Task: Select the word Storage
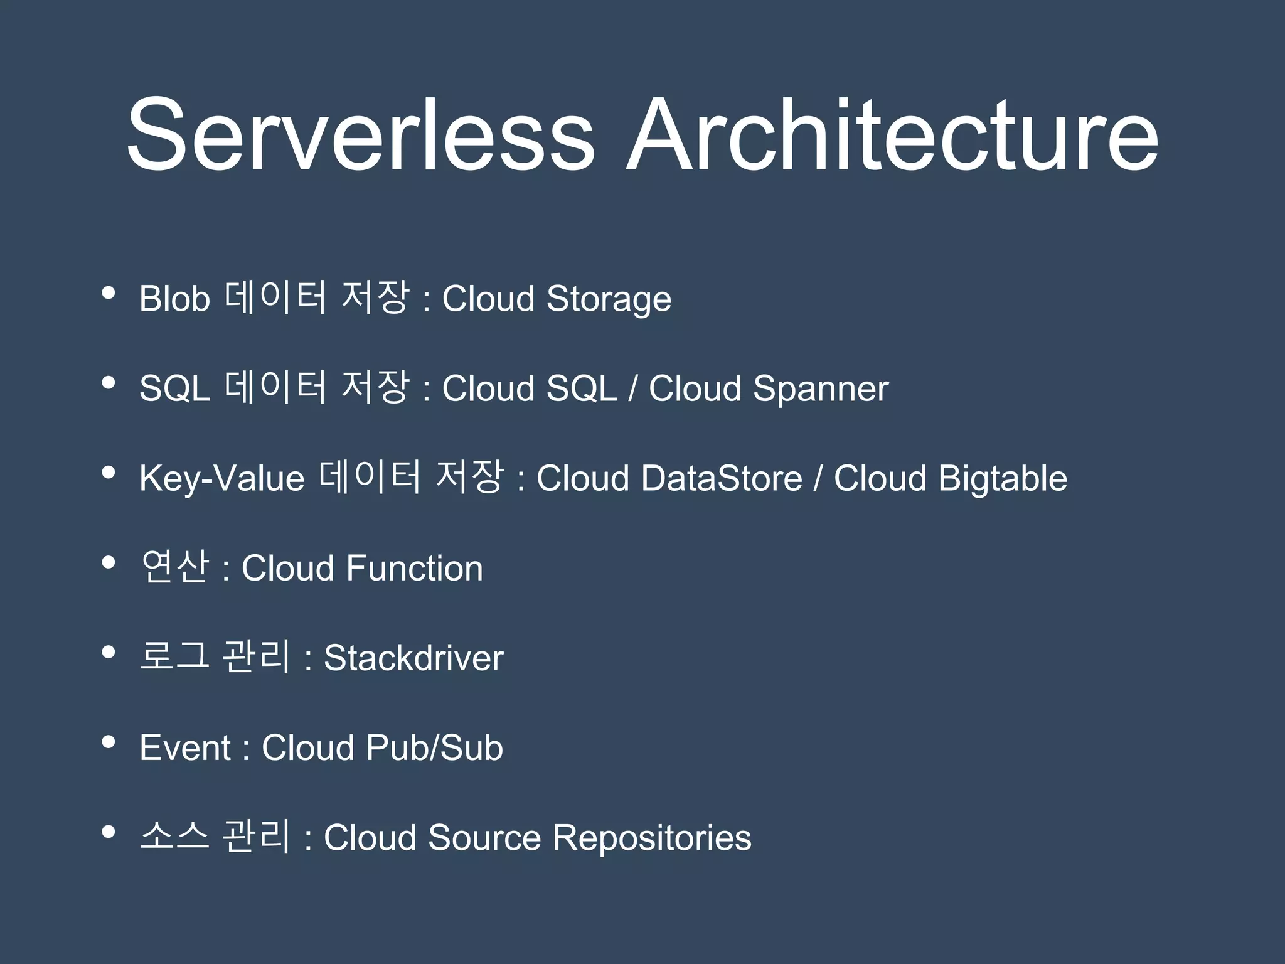point(609,299)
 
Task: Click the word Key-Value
point(221,479)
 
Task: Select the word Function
point(414,569)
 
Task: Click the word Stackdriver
point(413,658)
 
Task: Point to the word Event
point(185,748)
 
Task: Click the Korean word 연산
point(174,567)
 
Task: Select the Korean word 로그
point(174,657)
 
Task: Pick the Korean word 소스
point(174,837)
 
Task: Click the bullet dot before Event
point(109,742)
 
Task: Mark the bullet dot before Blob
point(109,293)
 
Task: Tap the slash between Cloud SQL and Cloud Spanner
point(633,388)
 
